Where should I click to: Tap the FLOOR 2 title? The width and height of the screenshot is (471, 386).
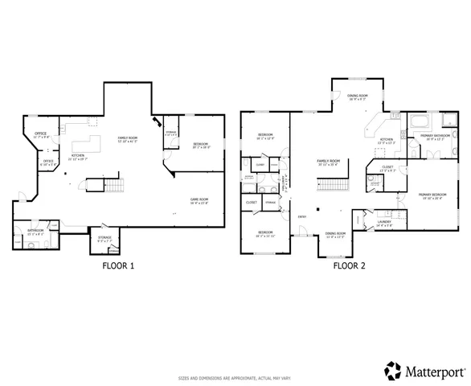point(350,265)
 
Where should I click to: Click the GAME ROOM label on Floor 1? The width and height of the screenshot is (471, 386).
point(199,200)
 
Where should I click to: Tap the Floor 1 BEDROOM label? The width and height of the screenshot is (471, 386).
point(201,146)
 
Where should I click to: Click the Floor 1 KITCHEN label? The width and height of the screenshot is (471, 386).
point(78,156)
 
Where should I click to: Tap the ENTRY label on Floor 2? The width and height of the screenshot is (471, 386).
point(301,216)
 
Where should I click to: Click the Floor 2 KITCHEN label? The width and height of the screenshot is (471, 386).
point(387,140)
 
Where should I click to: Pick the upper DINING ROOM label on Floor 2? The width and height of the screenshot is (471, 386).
point(358,96)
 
